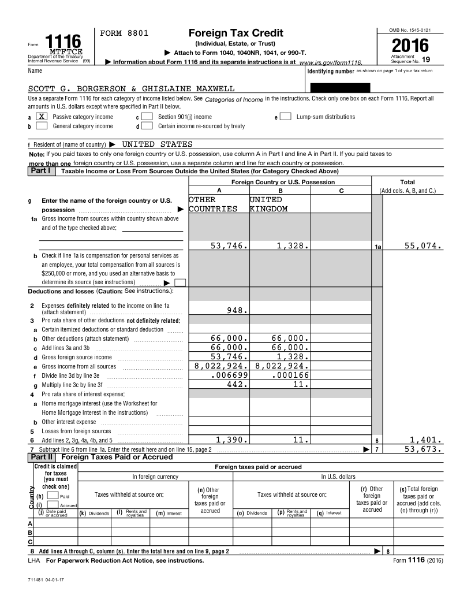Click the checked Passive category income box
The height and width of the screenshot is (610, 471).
pos(42,117)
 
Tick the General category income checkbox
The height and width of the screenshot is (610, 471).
pos(42,126)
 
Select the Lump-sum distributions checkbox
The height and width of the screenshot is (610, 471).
pos(286,117)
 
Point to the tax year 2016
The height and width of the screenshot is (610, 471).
pos(410,46)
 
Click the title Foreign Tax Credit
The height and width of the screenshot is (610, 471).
pos(227,33)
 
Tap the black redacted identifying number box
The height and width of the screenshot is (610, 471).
pos(340,88)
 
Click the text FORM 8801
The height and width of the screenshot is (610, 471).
pos(125,34)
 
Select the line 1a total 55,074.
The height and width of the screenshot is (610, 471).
pos(423,246)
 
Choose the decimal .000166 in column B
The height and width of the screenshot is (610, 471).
pos(290,375)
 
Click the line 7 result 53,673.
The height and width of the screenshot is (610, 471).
pos(423,449)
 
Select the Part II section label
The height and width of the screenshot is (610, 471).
pos(41,457)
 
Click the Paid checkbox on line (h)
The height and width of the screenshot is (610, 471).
pos(52,496)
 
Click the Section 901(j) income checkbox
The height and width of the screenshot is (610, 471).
pos(147,117)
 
